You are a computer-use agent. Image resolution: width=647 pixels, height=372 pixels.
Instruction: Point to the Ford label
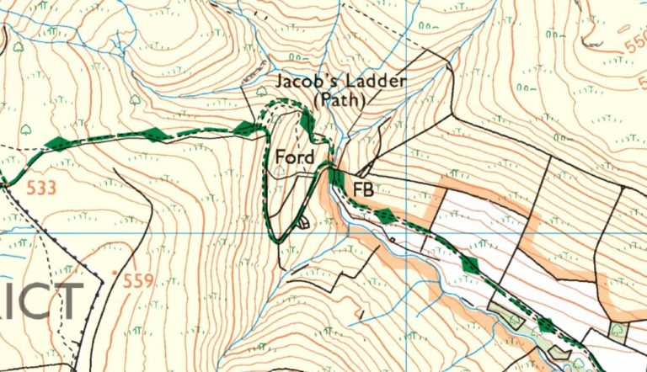coord(295,157)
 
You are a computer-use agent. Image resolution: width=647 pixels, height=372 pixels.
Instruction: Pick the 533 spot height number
coord(41,187)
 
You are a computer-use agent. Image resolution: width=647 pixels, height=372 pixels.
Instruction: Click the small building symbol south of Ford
coord(302,223)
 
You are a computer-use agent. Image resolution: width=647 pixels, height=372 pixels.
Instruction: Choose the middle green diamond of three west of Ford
coord(154,134)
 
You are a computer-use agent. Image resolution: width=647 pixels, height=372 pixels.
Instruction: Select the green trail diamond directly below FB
coord(386,215)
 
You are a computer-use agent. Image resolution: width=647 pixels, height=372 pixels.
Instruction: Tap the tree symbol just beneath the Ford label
coord(281,171)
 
